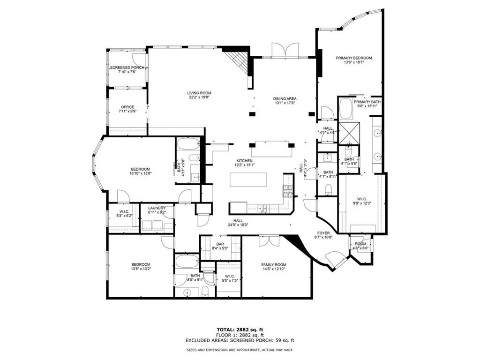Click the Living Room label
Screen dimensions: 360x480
(x=199, y=93)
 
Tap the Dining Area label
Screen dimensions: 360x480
(x=285, y=98)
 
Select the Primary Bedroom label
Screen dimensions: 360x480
(x=353, y=58)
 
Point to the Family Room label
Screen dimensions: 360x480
(x=273, y=265)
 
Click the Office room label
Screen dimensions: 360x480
(x=127, y=107)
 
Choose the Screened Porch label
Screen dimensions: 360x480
(x=127, y=67)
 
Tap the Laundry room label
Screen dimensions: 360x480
(x=157, y=208)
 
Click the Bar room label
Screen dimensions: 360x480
(x=220, y=244)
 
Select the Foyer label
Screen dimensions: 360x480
(x=323, y=233)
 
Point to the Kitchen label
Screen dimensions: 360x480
(x=244, y=161)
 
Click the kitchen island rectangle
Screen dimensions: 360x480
(x=247, y=180)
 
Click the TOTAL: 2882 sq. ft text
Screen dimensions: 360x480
(x=240, y=330)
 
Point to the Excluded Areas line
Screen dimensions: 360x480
(x=240, y=340)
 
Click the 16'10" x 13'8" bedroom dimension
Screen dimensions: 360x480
(x=140, y=173)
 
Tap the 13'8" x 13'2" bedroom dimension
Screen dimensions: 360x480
(x=140, y=269)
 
